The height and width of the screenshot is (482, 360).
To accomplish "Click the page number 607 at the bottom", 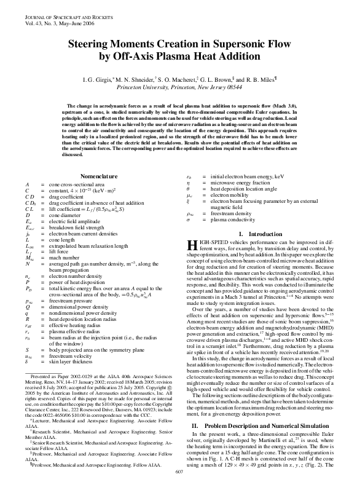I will coord(179,472).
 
